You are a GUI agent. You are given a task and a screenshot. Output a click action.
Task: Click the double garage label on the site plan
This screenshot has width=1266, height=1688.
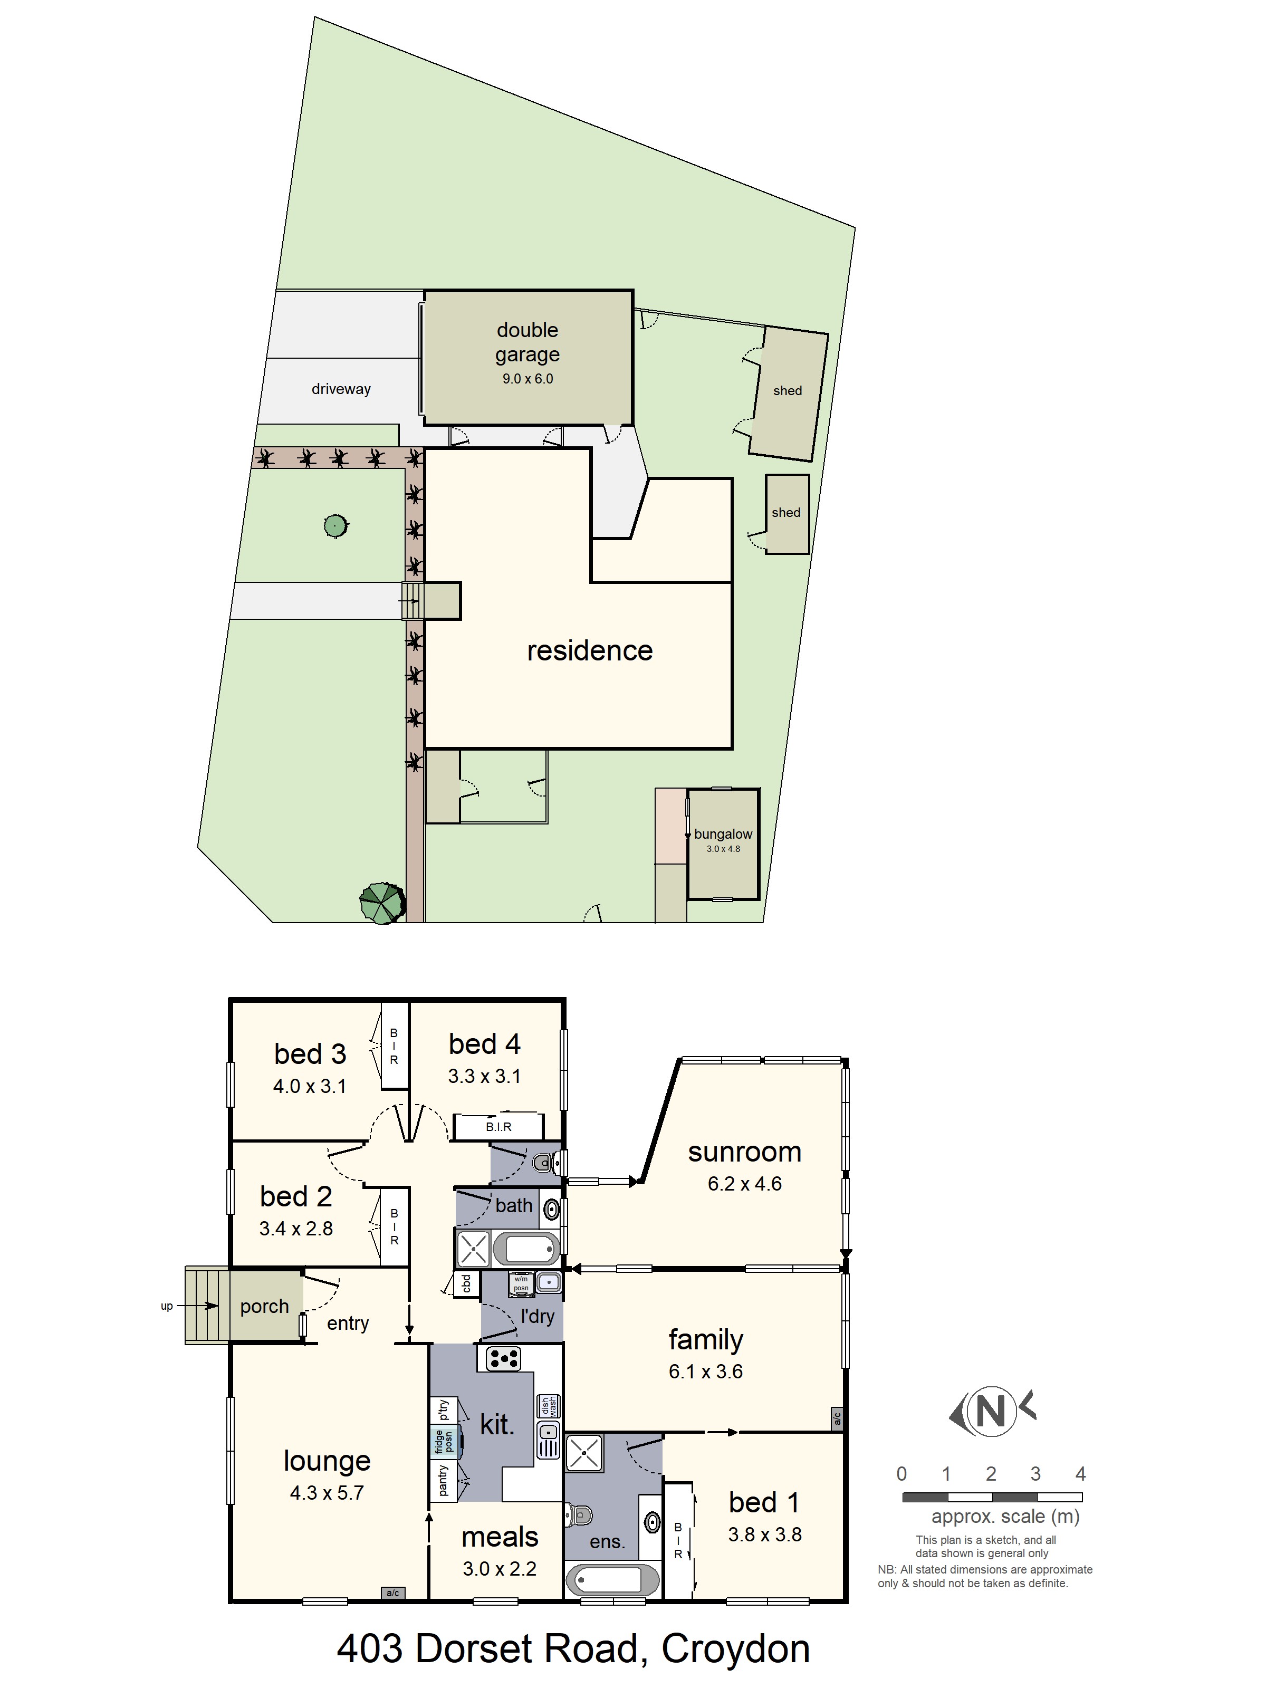[527, 343]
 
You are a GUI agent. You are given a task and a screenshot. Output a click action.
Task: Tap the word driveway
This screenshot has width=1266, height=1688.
[341, 389]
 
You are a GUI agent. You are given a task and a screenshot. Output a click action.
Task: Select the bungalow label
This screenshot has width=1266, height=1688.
[723, 834]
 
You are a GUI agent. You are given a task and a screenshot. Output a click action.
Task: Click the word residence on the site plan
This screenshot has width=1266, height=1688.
[590, 650]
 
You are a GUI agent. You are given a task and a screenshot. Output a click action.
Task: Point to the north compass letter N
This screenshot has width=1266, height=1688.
[991, 1412]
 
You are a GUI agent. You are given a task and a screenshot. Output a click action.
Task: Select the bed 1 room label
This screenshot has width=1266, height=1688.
[764, 1502]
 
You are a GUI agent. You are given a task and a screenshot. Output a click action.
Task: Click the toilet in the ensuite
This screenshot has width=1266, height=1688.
[579, 1513]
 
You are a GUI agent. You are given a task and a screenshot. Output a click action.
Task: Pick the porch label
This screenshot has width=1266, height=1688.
[264, 1307]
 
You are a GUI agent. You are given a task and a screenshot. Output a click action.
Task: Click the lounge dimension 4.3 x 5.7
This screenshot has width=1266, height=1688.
[327, 1493]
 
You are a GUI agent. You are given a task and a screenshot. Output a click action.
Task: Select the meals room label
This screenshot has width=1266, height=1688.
[500, 1536]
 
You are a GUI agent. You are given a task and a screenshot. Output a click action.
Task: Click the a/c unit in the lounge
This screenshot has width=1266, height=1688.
[393, 1593]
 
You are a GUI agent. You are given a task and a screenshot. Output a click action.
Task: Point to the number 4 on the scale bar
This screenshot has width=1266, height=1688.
[1080, 1473]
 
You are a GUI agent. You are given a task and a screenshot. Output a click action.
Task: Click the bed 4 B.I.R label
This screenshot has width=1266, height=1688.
[498, 1126]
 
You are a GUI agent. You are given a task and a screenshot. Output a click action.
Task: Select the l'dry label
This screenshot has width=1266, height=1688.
[537, 1316]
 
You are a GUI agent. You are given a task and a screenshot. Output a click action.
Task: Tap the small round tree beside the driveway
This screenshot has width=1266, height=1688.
[335, 526]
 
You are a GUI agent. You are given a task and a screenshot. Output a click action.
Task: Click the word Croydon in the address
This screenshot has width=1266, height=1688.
[736, 1648]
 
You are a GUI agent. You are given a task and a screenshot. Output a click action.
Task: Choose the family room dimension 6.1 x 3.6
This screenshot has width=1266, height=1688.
[706, 1371]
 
